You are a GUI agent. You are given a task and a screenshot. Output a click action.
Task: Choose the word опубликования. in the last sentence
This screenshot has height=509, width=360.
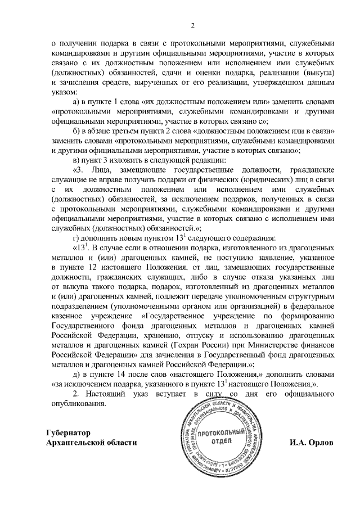click(x=78, y=404)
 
